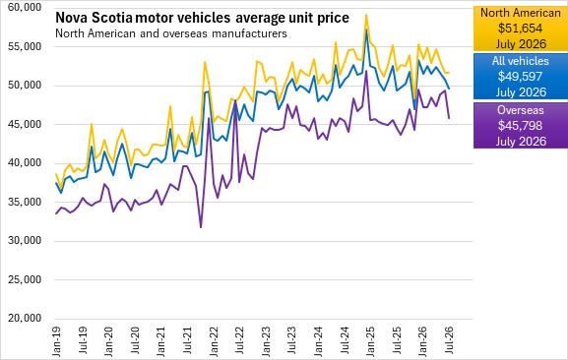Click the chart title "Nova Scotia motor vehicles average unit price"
tap(202, 18)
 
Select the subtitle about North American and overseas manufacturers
tap(171, 33)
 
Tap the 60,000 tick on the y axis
tap(25, 7)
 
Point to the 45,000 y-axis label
tap(25, 125)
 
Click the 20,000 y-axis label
tap(25, 319)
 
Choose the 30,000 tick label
tap(25, 241)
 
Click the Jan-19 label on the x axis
tap(56, 341)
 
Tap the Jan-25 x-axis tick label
tap(371, 341)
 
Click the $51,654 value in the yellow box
tap(520, 29)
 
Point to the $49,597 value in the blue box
tap(520, 77)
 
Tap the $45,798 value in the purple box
tap(520, 126)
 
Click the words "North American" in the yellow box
tap(520, 13)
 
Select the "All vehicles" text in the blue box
tap(520, 61)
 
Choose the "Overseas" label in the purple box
tap(520, 110)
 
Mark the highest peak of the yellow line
tap(366, 15)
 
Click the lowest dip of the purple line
tap(201, 227)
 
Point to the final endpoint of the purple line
tap(449, 118)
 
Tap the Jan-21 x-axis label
tap(161, 341)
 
